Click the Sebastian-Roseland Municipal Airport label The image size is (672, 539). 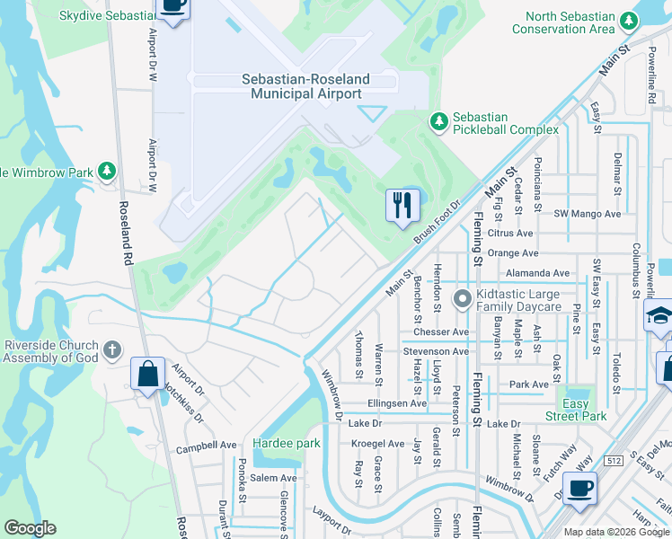coord(305,86)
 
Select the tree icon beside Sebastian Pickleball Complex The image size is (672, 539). coord(438,120)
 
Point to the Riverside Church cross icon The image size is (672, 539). coord(111,349)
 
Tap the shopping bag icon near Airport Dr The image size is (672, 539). coord(147,373)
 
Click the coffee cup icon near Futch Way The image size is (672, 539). coord(579,489)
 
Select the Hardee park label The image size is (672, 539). coord(287,444)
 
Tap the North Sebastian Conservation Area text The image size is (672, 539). coord(570,22)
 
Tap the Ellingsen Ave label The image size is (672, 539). coord(396,403)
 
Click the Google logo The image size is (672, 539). coord(30,528)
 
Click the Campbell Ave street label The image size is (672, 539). coord(206,446)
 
